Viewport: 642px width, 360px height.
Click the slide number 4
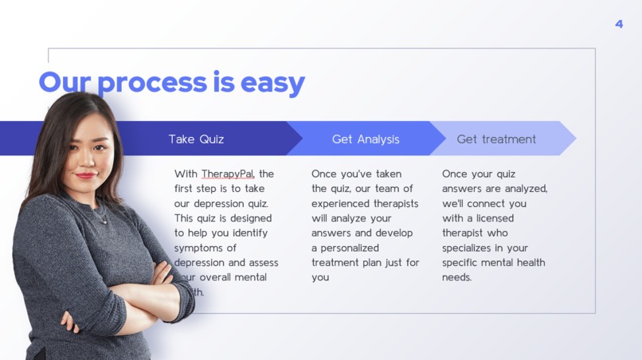point(619,24)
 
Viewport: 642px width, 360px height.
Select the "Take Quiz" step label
point(196,139)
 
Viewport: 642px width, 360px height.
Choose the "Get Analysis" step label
point(366,139)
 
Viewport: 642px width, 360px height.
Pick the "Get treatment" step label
point(496,139)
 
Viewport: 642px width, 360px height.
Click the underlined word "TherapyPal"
point(228,174)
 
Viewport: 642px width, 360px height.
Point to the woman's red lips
point(86,175)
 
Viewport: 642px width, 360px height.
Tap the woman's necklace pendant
point(102,218)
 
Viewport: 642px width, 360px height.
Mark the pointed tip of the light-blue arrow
point(575,139)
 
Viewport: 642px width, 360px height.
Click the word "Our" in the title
point(63,82)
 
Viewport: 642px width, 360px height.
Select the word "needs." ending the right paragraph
point(457,277)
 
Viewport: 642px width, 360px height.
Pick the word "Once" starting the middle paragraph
point(324,174)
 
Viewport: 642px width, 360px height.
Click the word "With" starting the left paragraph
point(186,174)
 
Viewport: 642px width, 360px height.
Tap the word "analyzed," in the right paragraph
point(522,189)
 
